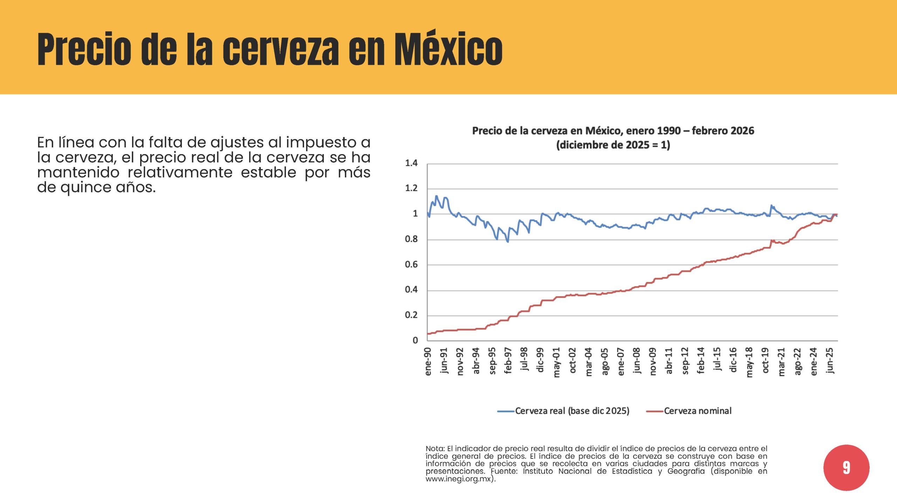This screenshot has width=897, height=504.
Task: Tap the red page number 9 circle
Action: (x=846, y=468)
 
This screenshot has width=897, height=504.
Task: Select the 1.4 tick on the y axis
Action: (x=411, y=163)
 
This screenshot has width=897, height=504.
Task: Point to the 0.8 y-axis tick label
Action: (x=411, y=239)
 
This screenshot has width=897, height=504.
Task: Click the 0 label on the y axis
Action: (x=415, y=340)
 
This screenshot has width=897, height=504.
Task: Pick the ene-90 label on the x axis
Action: (x=428, y=362)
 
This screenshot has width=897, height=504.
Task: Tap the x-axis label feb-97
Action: (x=508, y=361)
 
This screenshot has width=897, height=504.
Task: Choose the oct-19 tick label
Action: (x=765, y=360)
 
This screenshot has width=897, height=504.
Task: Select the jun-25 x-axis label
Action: (x=830, y=360)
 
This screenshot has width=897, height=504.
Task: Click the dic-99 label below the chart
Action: (x=540, y=360)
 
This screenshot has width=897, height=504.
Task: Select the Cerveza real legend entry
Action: (x=563, y=411)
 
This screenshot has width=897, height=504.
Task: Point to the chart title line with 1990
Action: (x=613, y=131)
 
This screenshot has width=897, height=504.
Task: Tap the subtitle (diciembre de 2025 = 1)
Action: (x=613, y=145)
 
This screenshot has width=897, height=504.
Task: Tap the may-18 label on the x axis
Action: (x=749, y=362)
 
